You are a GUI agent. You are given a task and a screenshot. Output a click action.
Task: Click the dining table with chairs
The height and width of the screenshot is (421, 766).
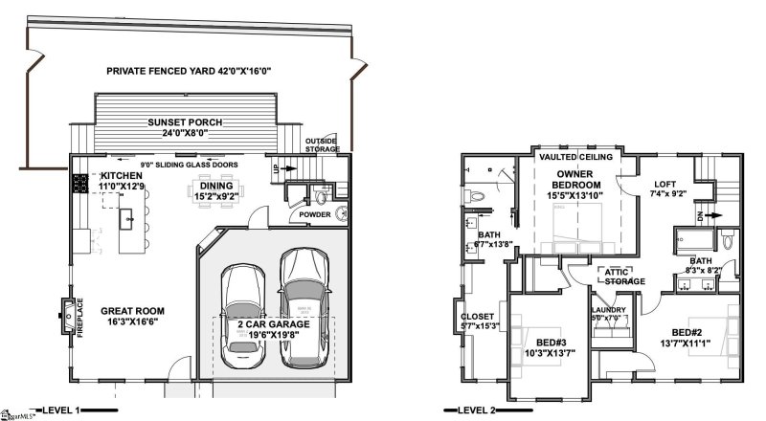coord(213,185)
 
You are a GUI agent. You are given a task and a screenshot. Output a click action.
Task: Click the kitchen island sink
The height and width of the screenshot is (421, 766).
coord(124,218)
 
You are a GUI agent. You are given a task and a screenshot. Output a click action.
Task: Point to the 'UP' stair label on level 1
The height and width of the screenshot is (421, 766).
coord(278,168)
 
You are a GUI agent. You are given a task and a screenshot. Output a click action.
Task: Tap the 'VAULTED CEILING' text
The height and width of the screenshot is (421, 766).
coord(575,156)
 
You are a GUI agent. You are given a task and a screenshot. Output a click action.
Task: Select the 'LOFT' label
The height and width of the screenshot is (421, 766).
coord(665,184)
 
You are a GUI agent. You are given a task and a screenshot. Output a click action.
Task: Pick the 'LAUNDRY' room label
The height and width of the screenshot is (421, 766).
coord(608,310)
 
